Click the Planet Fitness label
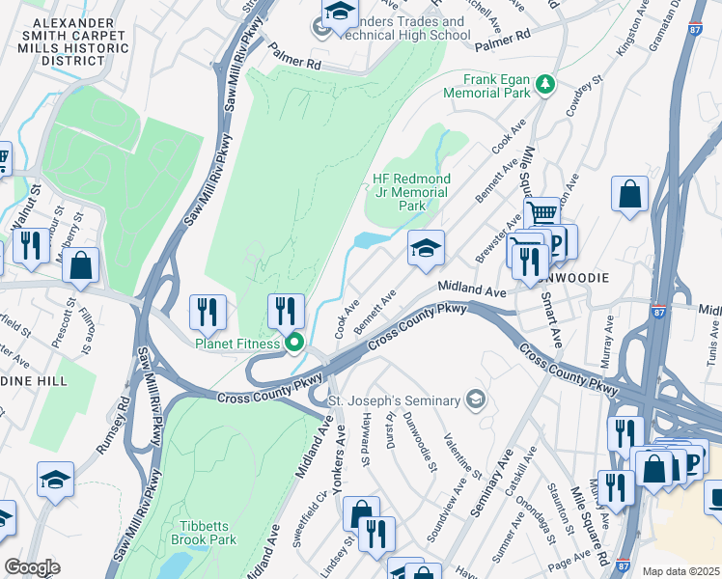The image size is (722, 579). [237, 343]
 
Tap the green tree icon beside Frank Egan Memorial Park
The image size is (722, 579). [545, 84]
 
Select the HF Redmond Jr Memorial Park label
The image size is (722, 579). [411, 192]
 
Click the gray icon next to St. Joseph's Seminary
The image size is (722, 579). [475, 399]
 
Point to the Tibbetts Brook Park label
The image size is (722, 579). [203, 533]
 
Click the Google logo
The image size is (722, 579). [32, 567]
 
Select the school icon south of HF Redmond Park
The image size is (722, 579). [426, 248]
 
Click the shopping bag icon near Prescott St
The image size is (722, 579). [81, 265]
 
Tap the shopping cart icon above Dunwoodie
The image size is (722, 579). [541, 212]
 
